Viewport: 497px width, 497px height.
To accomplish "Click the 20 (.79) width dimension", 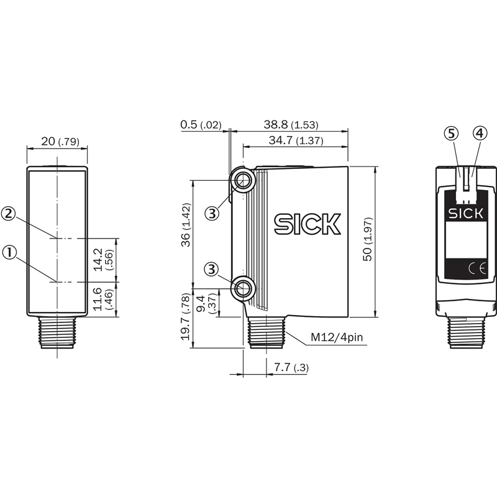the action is click(x=60, y=142).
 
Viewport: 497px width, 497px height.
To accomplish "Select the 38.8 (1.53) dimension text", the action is click(x=291, y=125).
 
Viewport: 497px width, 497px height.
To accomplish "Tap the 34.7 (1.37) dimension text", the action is click(x=296, y=140).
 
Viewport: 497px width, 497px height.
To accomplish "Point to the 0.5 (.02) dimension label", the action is click(x=201, y=125).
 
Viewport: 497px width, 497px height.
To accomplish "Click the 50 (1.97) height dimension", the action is click(x=368, y=239).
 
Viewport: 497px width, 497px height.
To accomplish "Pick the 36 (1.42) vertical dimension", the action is click(x=186, y=225).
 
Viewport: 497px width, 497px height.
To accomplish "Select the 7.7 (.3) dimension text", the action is click(x=291, y=367).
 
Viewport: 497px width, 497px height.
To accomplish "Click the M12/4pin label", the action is click(x=337, y=337).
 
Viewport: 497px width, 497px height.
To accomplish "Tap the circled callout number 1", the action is click(x=9, y=253).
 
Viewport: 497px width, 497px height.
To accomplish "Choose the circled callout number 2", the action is click(x=8, y=213).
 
